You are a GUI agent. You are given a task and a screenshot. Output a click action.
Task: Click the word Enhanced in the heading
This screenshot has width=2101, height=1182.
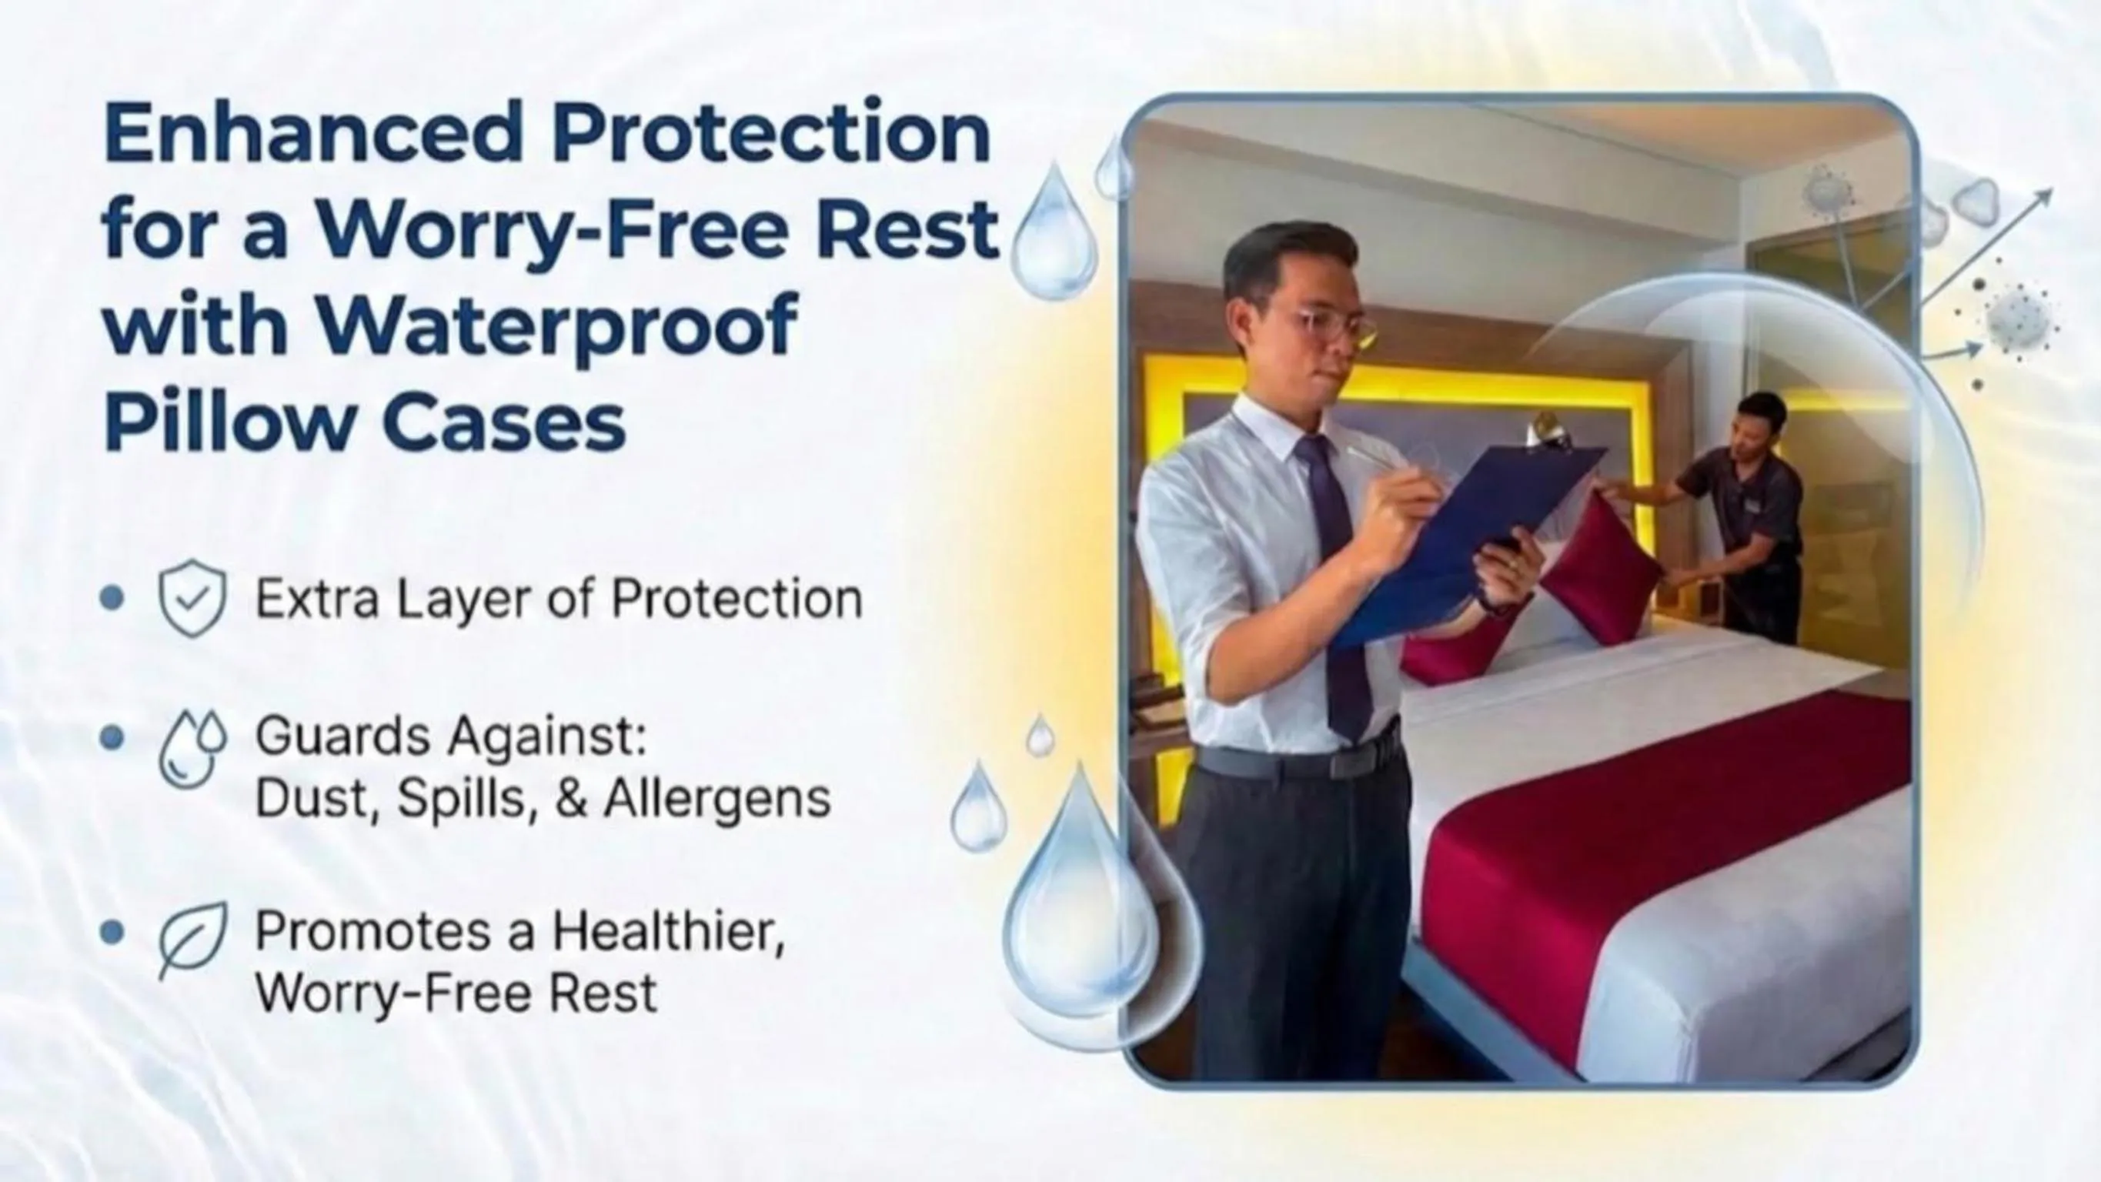[313, 132]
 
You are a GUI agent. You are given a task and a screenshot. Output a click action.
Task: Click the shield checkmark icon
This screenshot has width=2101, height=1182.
[192, 598]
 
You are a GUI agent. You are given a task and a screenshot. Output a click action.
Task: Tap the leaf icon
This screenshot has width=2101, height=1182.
[192, 940]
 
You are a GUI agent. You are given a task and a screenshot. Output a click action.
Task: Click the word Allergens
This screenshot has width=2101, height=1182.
[717, 800]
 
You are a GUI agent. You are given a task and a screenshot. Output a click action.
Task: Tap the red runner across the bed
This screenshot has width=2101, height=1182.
[1664, 865]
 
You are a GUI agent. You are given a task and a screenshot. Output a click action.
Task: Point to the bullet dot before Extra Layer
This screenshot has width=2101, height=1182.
[112, 598]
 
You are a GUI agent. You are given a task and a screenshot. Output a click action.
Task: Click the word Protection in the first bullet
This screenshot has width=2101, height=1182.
[737, 599]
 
